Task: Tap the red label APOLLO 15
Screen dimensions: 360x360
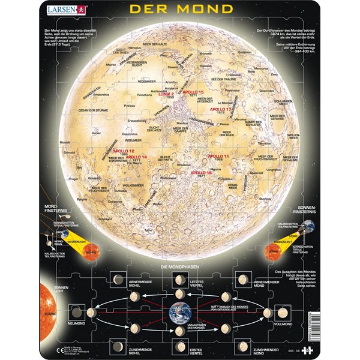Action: coord(194,92)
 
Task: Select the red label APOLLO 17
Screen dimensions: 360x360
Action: coord(220,110)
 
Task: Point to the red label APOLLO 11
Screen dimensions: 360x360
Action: coord(217,155)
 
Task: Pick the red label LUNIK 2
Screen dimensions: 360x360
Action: coord(164,94)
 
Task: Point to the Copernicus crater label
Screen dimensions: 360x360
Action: coord(130,134)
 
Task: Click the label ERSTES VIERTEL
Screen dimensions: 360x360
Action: coord(178,349)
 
